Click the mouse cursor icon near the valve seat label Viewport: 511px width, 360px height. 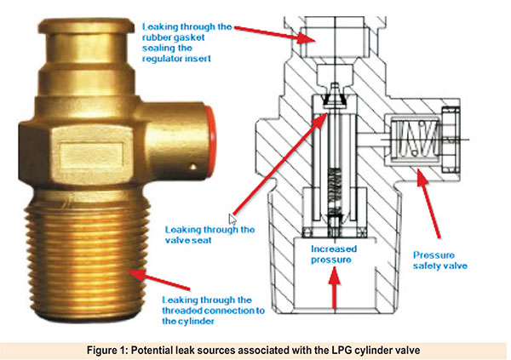[x=233, y=220]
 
